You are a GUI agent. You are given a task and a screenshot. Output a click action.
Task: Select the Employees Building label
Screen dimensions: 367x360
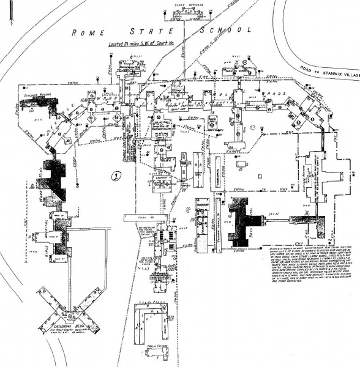pos(34,97)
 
